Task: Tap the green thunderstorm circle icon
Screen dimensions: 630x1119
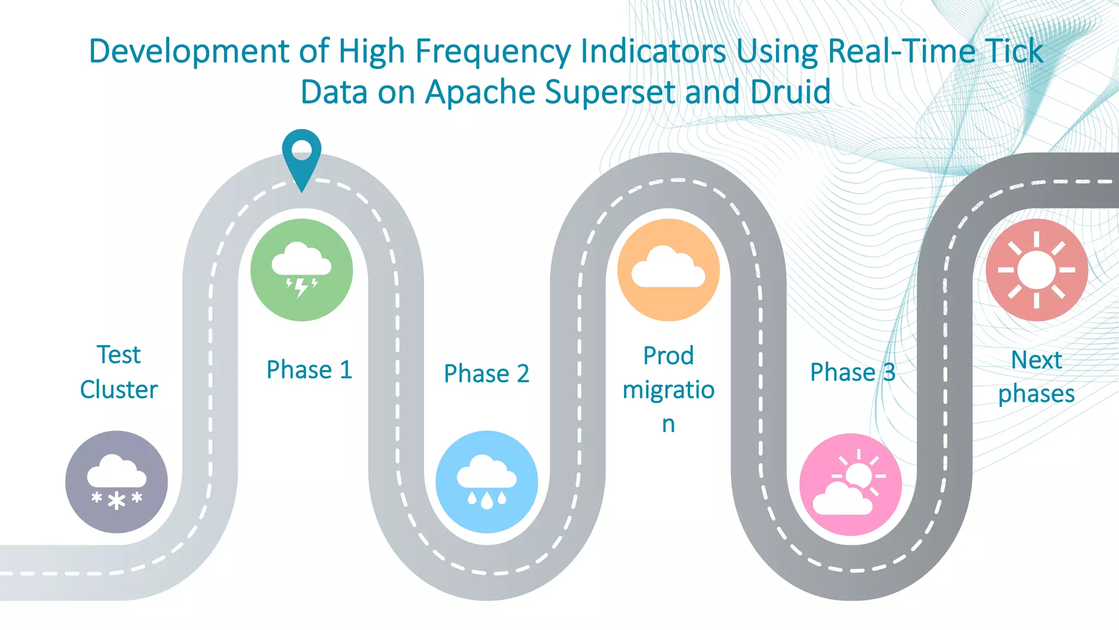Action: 302,270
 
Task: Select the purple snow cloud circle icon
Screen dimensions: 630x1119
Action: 116,482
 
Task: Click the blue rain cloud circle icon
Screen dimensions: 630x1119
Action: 487,482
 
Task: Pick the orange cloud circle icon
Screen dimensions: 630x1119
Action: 668,270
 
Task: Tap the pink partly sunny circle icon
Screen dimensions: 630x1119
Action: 850,484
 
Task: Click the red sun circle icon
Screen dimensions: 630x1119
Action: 1036,270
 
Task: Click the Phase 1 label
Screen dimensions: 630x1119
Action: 309,370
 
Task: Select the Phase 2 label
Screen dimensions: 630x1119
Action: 487,374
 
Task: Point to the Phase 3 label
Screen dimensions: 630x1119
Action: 852,372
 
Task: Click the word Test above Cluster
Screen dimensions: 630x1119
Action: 119,355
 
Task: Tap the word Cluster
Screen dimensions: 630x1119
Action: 119,390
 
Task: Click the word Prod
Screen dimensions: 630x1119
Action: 668,356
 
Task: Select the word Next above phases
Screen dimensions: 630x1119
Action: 1036,360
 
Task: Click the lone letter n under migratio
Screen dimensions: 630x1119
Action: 668,424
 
